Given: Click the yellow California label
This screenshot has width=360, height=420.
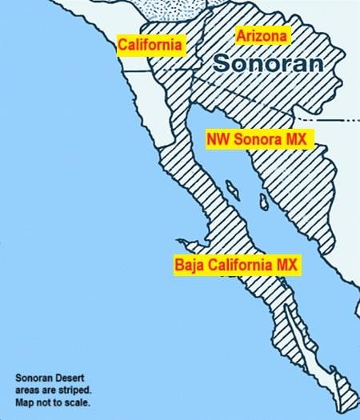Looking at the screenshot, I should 151,45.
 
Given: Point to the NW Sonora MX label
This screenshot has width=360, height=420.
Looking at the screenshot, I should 259,138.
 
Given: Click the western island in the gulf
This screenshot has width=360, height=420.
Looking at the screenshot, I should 232,190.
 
